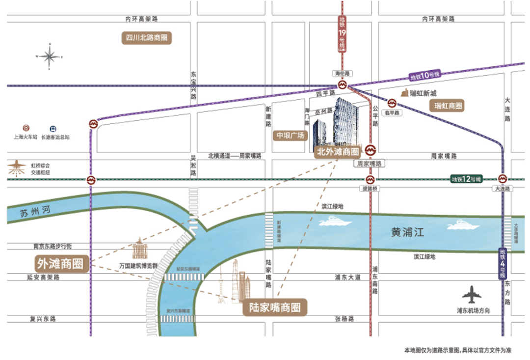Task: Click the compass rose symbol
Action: [50, 57]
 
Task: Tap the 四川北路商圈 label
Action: [147, 38]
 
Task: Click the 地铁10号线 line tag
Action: [425, 76]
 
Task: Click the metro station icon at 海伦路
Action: [344, 85]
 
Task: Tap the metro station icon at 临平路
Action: [392, 103]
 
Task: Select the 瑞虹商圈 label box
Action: [448, 105]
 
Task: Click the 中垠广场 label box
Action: [290, 136]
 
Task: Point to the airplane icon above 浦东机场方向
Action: [472, 295]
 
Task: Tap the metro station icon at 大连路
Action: [503, 179]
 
